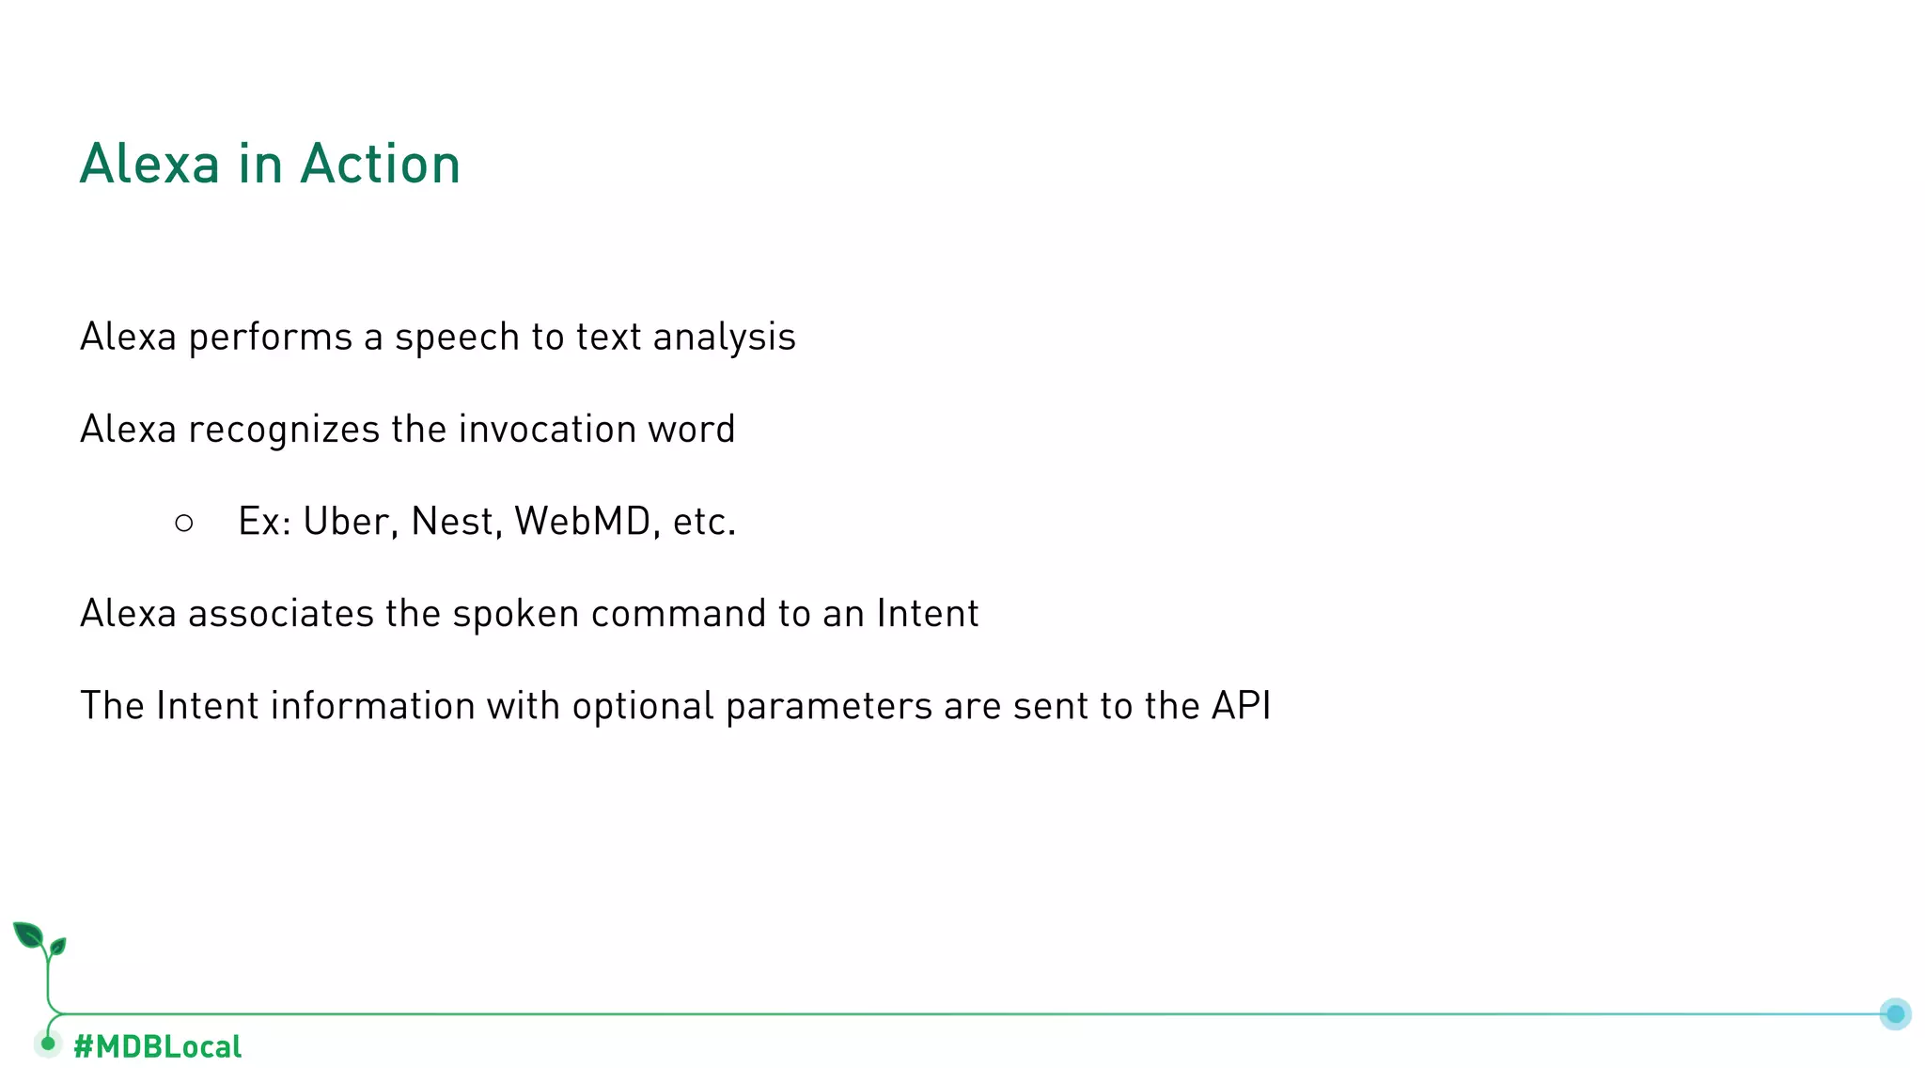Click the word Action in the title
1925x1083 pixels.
[380, 165]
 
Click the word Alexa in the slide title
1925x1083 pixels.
[149, 165]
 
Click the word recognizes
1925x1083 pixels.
[283, 430]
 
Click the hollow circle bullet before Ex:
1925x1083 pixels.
[184, 523]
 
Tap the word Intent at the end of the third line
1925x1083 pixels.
[927, 614]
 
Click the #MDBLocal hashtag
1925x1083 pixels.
[157, 1046]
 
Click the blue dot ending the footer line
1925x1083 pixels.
[1895, 1013]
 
